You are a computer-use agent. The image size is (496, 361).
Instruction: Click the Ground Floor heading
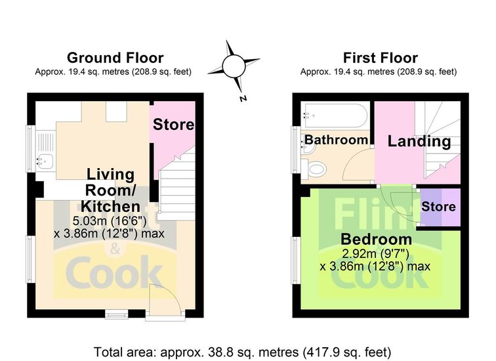click(x=115, y=58)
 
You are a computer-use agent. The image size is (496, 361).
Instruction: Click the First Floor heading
click(x=381, y=58)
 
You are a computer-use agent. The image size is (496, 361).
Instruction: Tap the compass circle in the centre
click(x=234, y=66)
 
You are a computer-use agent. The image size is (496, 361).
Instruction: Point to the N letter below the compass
click(x=243, y=98)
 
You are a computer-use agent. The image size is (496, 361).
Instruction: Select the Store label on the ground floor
click(x=173, y=124)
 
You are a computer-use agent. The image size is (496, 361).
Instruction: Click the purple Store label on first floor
click(x=438, y=207)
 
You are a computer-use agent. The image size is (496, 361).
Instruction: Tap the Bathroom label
click(x=337, y=140)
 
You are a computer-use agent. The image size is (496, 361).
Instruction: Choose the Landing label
click(x=419, y=141)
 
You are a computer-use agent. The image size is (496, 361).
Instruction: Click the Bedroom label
click(x=376, y=239)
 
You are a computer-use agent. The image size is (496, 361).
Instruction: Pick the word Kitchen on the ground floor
click(x=110, y=206)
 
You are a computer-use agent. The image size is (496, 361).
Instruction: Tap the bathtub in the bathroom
click(x=334, y=116)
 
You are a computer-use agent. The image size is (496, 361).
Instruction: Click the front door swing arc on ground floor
click(x=173, y=291)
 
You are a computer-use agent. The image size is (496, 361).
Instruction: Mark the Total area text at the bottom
click(x=242, y=352)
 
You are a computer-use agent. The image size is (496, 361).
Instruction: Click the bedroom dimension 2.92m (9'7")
click(x=376, y=253)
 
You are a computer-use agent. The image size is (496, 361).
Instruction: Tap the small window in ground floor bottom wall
click(x=117, y=314)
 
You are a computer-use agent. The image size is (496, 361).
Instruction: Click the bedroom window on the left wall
click(x=296, y=260)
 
